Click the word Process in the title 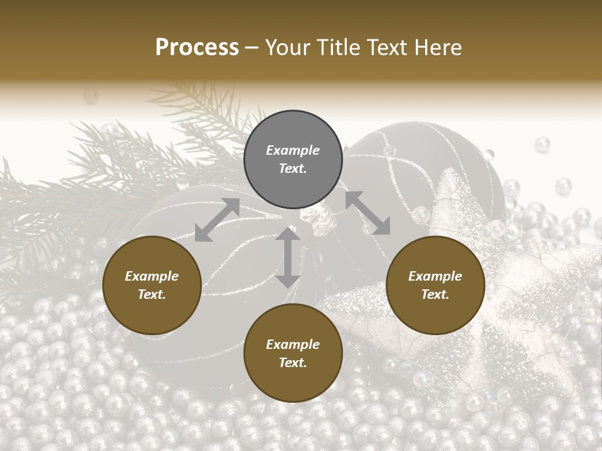pyautogui.click(x=197, y=48)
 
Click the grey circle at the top pyautogui.click(x=293, y=160)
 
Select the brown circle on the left pyautogui.click(x=152, y=285)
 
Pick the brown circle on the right pyautogui.click(x=435, y=285)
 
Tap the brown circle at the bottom pyautogui.click(x=293, y=353)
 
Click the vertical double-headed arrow pyautogui.click(x=288, y=257)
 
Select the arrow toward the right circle pyautogui.click(x=367, y=213)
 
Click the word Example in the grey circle pyautogui.click(x=293, y=150)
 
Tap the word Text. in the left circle pyautogui.click(x=152, y=294)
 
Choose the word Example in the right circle pyautogui.click(x=435, y=276)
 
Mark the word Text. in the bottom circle pyautogui.click(x=293, y=363)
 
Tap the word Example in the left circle pyautogui.click(x=152, y=276)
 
